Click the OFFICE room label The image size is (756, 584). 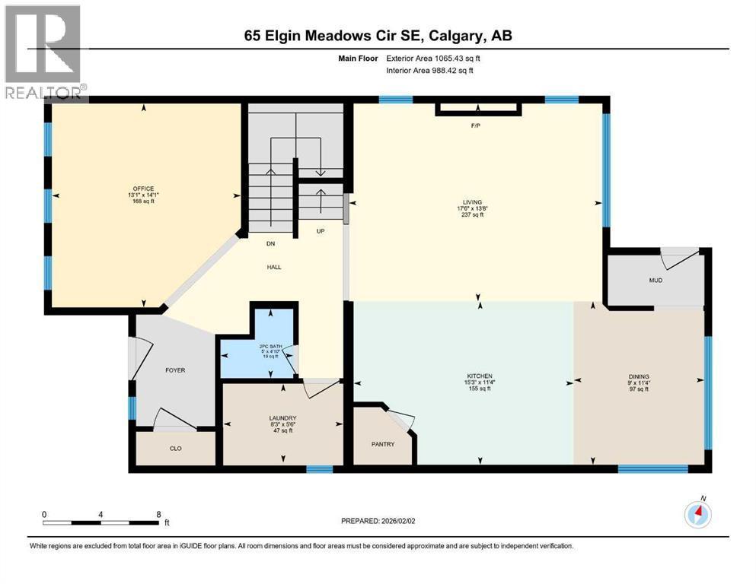(142, 189)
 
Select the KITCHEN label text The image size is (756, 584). (480, 376)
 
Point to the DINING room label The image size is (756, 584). (639, 376)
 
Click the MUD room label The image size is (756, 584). (655, 281)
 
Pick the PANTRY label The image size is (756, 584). (384, 444)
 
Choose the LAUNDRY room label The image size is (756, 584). (282, 418)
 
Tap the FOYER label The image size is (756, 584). (175, 370)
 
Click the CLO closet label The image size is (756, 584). (175, 449)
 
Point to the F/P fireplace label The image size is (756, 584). (477, 125)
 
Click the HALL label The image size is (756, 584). (275, 267)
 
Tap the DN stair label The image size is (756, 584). (270, 244)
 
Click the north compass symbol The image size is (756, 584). (697, 514)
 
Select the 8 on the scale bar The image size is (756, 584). (158, 514)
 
